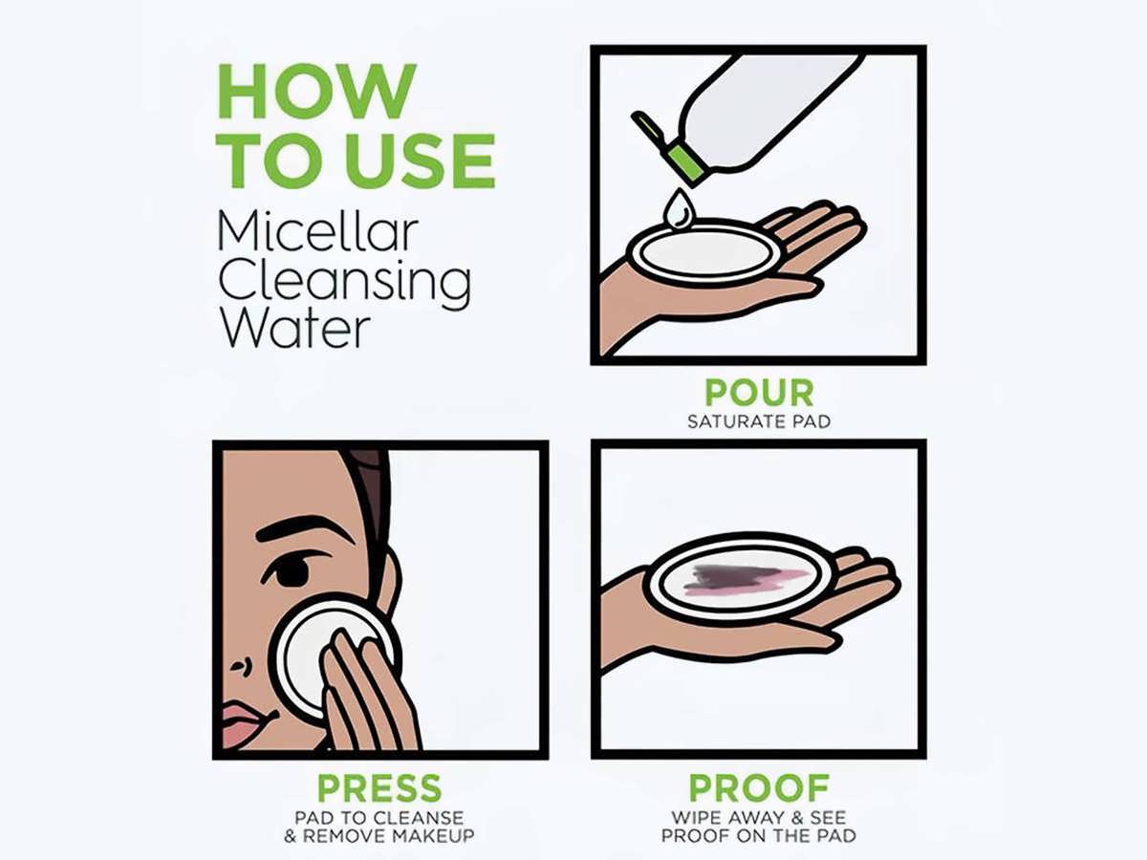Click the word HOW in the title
(x=317, y=92)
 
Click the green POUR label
(x=759, y=393)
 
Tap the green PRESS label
(x=379, y=788)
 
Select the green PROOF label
(x=759, y=788)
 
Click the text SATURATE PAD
(x=759, y=422)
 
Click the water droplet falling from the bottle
(x=678, y=208)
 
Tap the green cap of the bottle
(x=682, y=159)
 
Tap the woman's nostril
(x=241, y=665)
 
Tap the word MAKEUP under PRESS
(x=434, y=835)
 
